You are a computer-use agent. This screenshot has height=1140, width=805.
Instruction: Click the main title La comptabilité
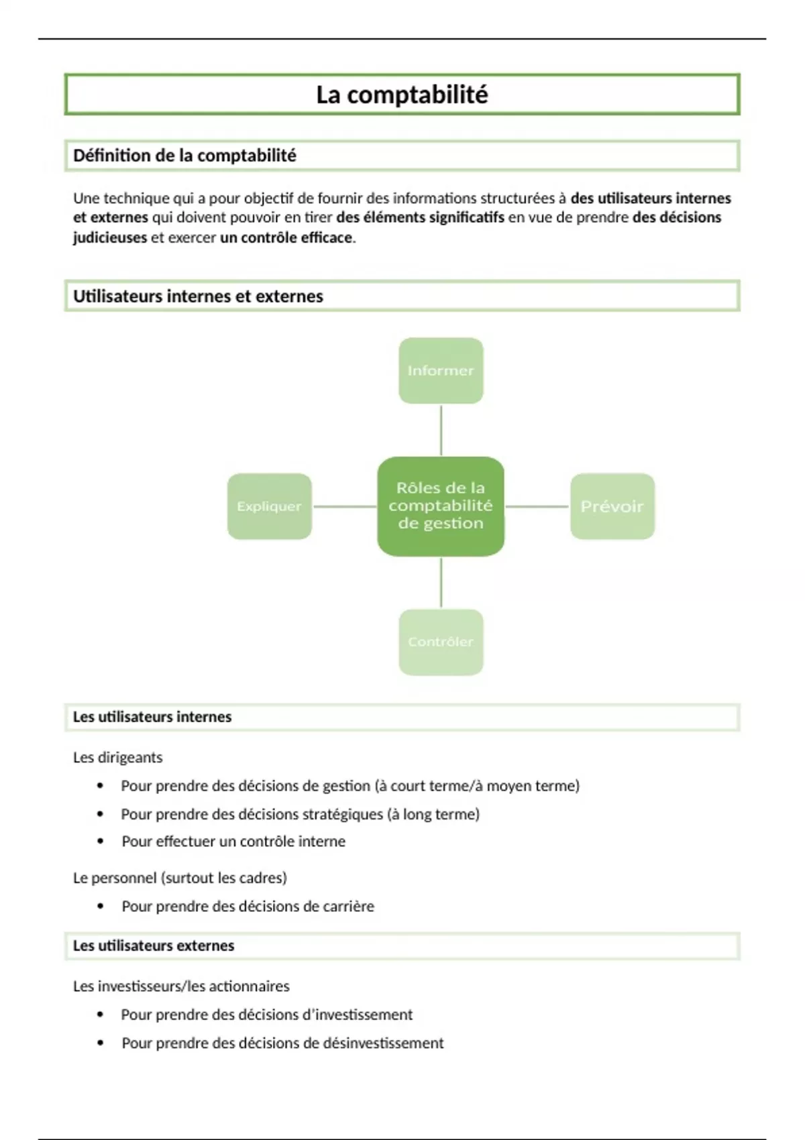point(402,95)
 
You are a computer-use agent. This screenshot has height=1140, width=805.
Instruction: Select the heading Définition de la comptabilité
point(184,156)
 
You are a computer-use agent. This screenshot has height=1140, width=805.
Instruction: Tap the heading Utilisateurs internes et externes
point(198,296)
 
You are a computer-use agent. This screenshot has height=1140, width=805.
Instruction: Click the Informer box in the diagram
point(441,371)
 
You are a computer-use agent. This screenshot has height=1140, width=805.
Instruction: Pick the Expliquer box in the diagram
point(269,506)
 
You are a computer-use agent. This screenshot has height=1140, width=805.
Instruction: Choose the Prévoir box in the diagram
point(612,506)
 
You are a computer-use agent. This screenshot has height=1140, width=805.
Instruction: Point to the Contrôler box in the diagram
point(441,642)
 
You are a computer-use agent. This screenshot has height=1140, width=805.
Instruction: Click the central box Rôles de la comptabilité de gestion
point(441,506)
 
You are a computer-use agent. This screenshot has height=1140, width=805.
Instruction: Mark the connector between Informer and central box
point(441,431)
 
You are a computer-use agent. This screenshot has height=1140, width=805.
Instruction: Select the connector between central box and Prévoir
point(537,506)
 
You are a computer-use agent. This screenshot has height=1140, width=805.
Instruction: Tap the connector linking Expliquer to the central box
point(345,506)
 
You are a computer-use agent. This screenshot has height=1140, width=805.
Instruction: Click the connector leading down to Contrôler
point(441,582)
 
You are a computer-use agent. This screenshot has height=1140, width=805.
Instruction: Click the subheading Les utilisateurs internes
point(152,717)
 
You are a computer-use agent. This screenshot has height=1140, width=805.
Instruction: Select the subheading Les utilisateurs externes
point(154,946)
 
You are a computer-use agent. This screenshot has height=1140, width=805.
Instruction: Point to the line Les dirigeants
point(118,758)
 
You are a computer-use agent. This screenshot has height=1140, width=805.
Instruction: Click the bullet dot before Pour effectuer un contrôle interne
point(101,841)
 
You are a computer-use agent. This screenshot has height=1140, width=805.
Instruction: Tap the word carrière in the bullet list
point(348,907)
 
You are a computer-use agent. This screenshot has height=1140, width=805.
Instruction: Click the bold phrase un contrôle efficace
point(286,237)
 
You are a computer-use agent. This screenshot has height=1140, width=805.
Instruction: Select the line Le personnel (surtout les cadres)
point(180,878)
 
